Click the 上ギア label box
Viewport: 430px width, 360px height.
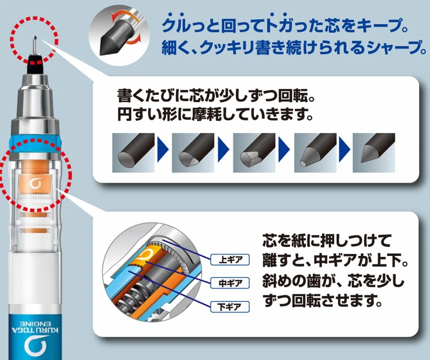point(230,259)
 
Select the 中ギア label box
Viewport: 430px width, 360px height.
point(230,283)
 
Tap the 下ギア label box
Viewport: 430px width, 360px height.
point(230,306)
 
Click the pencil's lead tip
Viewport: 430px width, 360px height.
point(35,37)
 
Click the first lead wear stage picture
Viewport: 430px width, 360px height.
point(133,153)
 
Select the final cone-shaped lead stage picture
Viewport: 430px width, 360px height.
point(374,153)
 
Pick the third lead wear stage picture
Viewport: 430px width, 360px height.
point(254,153)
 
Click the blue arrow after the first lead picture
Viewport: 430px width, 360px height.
point(163,150)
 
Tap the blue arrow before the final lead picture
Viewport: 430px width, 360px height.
point(344,150)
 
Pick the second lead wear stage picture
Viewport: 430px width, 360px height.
point(193,153)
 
